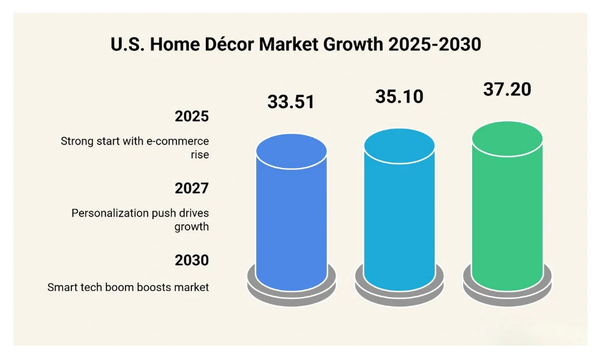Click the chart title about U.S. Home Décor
(296, 44)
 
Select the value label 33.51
(291, 101)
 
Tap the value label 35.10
(399, 96)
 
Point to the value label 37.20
(507, 89)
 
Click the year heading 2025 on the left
(191, 116)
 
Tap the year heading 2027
(191, 188)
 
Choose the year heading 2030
(191, 260)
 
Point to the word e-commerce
(178, 141)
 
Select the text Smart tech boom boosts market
(128, 287)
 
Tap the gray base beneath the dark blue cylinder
(292, 293)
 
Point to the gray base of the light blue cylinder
(400, 293)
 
